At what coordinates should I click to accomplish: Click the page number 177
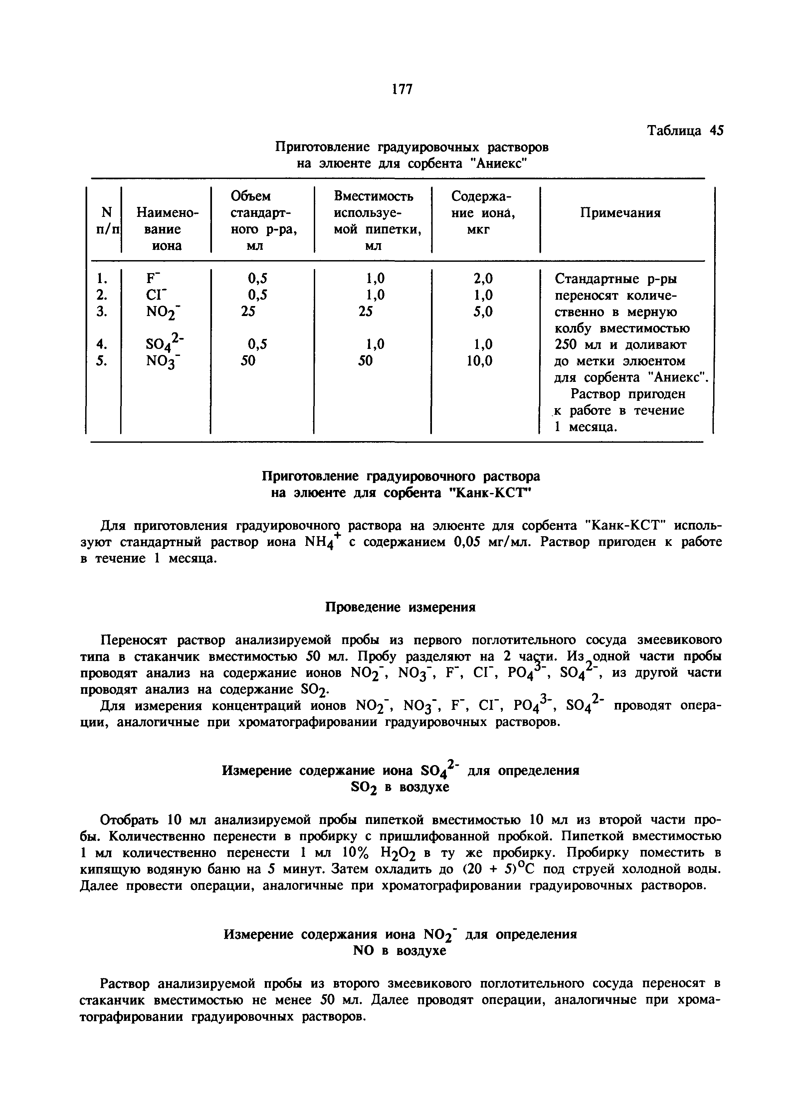(402, 89)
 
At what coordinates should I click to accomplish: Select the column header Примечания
(620, 213)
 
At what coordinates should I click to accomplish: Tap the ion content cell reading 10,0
(479, 361)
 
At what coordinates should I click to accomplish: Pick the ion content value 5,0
(483, 312)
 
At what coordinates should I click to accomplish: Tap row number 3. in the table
(102, 312)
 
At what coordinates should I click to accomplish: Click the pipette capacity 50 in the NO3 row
(365, 361)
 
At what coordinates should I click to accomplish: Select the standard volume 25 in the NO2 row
(249, 312)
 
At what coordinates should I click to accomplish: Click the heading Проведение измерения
(400, 607)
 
